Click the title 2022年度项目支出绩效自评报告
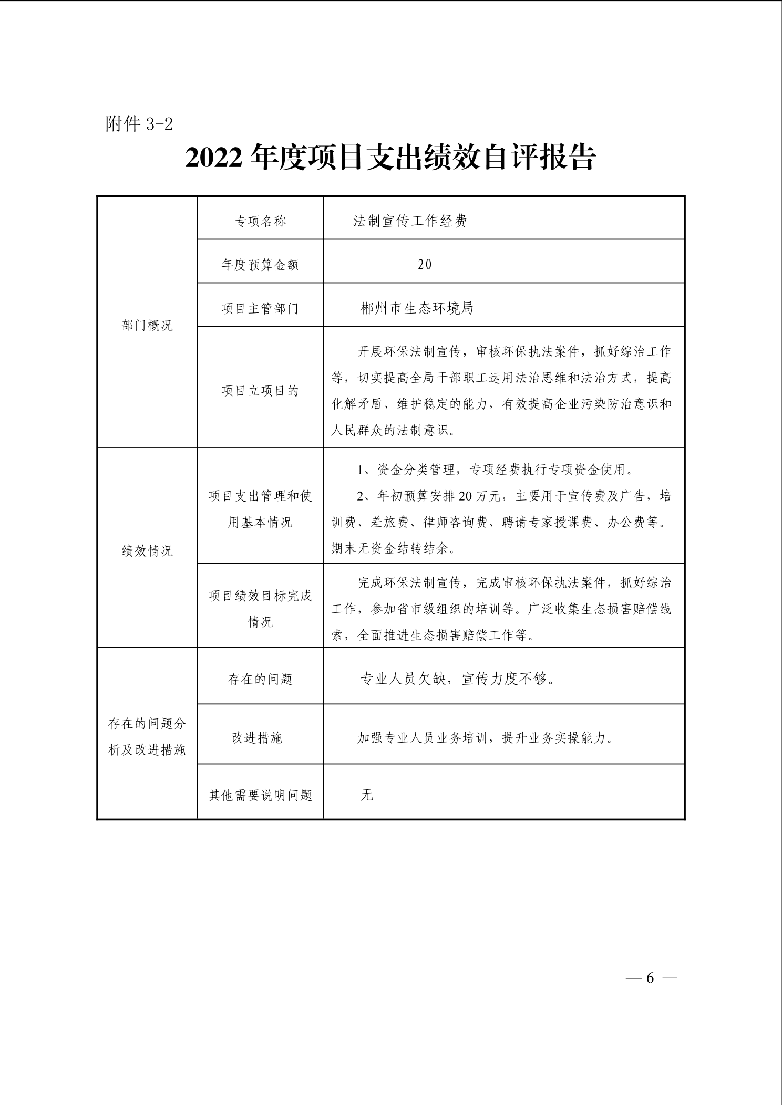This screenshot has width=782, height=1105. click(x=390, y=158)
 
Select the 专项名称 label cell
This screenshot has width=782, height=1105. click(x=260, y=221)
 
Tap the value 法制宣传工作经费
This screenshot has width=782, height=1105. click(x=410, y=221)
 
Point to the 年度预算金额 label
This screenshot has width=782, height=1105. click(x=260, y=265)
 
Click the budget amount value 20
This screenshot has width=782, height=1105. click(x=425, y=265)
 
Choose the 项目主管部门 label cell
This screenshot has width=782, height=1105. click(x=260, y=308)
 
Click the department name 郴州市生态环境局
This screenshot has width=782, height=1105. click(x=417, y=308)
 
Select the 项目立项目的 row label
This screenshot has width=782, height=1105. click(x=260, y=391)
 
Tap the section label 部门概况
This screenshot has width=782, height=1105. click(x=147, y=326)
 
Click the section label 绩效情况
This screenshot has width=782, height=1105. click(x=147, y=550)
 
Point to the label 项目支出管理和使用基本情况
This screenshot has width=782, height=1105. click(x=260, y=509)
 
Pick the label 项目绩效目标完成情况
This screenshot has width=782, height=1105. click(x=260, y=609)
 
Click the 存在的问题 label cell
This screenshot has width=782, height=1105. click(x=260, y=679)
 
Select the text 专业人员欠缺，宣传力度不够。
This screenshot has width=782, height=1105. click(x=457, y=679)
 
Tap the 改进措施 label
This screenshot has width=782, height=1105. click(x=257, y=738)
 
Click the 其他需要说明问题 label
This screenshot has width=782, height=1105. click(x=260, y=796)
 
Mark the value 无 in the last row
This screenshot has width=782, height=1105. click(x=366, y=795)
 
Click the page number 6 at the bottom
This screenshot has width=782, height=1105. click(x=650, y=978)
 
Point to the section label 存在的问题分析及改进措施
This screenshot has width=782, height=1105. click(x=147, y=737)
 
